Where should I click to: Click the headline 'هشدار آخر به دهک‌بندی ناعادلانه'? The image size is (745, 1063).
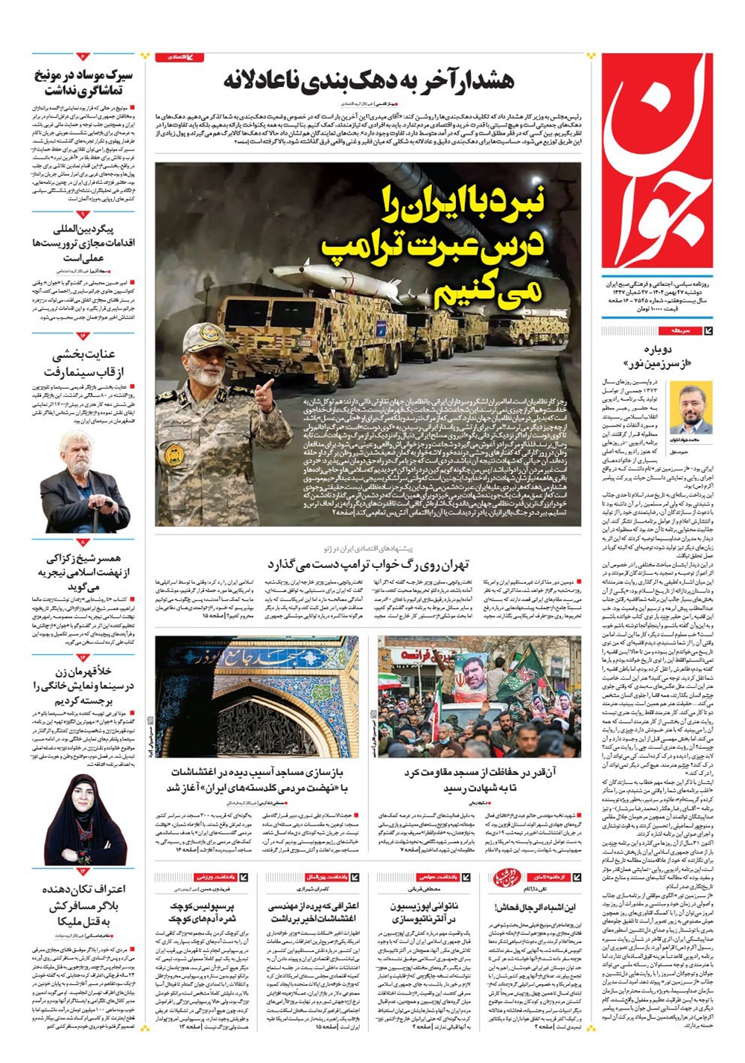368,81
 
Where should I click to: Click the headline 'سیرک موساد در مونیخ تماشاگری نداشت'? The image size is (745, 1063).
83,83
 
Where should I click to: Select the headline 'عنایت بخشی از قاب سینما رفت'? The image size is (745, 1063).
83,363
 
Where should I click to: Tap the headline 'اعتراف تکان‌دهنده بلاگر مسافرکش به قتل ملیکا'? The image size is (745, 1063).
84,905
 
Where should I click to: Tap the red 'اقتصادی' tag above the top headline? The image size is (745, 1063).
179,57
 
